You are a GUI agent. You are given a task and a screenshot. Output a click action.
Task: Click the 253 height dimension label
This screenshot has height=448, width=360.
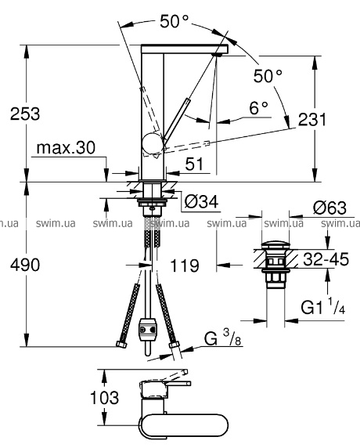25,114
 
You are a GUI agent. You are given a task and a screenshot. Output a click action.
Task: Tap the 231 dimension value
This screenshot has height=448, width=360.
312,119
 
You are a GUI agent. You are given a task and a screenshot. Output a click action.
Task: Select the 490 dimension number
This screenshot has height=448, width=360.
25,265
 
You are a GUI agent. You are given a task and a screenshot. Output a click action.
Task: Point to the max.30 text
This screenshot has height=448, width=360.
66,148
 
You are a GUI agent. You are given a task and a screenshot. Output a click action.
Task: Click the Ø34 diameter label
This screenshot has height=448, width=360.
201,202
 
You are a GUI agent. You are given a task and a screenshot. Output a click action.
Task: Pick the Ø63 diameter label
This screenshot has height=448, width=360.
329,208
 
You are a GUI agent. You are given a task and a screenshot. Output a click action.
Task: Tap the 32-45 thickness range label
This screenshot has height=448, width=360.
326,259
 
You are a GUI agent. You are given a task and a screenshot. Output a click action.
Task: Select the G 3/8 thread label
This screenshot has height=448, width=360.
223,339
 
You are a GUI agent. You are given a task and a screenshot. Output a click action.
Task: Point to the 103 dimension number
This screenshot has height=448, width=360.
104,397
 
